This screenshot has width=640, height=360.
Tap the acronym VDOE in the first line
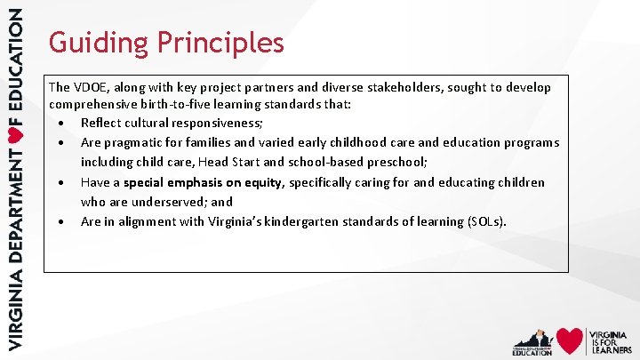pos(92,87)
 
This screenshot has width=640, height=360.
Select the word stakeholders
pos(404,87)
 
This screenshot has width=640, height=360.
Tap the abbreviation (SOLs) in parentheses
pos(485,221)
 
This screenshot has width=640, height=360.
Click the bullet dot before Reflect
pos(60,123)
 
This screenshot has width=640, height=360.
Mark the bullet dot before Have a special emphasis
pos(60,182)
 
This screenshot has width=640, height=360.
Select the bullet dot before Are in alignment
pos(60,221)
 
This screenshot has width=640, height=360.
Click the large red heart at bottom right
pos(569,340)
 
